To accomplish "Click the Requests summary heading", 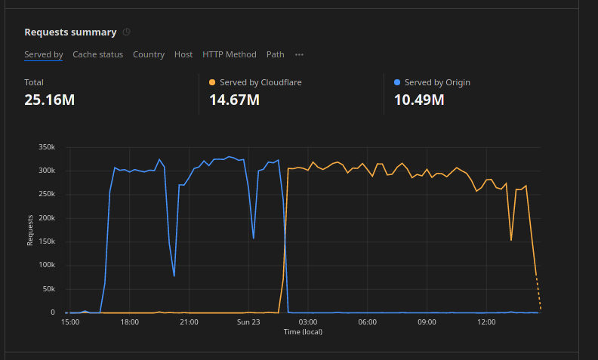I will tap(70, 32).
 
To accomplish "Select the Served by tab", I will tap(43, 54).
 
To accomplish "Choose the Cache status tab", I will tap(97, 54).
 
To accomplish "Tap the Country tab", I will tap(149, 54).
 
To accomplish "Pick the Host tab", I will tap(183, 54).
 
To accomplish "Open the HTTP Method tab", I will tap(230, 54).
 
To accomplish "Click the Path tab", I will tap(276, 54).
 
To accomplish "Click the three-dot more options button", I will tap(300, 54).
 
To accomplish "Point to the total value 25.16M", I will tap(49, 99).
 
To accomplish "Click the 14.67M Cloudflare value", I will tap(235, 99).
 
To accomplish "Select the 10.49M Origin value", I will tap(419, 99).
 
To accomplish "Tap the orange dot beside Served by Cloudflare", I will tap(212, 82).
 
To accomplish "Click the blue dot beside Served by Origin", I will tap(398, 82).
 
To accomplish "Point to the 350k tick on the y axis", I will tap(46, 147).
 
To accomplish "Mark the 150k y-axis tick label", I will tap(46, 242).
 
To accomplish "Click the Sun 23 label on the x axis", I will tap(248, 322).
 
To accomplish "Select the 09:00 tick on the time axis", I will tap(427, 322).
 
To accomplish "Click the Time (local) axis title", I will tap(303, 332).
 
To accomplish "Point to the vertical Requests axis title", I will tap(30, 230).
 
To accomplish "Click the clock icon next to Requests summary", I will tap(127, 32).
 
